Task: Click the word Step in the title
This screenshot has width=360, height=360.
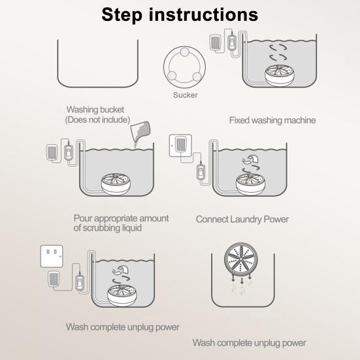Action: tap(122, 15)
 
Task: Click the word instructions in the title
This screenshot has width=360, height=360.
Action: tap(204, 14)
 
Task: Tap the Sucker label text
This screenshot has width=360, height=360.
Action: tap(186, 95)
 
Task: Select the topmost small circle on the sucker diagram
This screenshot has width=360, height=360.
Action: tap(185, 52)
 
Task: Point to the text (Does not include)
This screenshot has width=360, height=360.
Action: tap(97, 120)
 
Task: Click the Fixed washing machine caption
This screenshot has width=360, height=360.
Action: tap(272, 120)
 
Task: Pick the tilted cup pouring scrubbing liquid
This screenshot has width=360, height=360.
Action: tap(140, 132)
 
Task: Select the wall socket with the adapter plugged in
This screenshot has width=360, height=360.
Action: tap(180, 146)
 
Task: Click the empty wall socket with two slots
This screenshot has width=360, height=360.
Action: tap(52, 256)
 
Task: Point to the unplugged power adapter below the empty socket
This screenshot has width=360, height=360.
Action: tap(54, 279)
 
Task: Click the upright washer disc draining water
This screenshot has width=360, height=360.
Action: tap(241, 259)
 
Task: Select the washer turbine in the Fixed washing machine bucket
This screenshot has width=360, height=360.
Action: tap(279, 76)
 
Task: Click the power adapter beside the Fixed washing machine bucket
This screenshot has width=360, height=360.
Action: tap(215, 42)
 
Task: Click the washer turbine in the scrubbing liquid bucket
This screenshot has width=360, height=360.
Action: tap(116, 184)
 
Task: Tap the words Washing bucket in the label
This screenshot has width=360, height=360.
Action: tap(95, 110)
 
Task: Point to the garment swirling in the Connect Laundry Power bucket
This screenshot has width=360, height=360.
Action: tap(250, 159)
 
